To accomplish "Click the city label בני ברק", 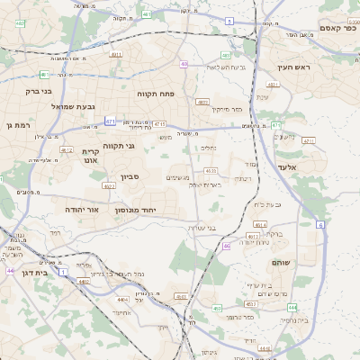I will coord(37,91).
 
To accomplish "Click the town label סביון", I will coord(130,176).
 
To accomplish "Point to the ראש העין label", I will coord(292,67).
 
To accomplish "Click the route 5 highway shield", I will coord(229,20).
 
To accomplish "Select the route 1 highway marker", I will coord(63,271).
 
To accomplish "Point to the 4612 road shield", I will coord(65,149).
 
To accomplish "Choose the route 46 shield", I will coord(226,245).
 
